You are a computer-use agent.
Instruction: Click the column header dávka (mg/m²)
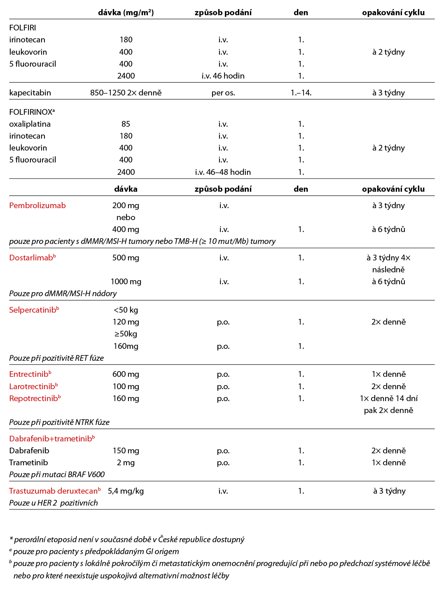(126, 12)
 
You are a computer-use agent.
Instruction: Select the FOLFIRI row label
(23, 28)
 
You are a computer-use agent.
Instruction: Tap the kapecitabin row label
(30, 93)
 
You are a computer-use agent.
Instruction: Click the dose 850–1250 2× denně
(126, 93)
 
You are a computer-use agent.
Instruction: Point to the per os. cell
(223, 93)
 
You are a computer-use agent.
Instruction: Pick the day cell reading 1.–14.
(301, 93)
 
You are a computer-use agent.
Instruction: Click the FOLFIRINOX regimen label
(31, 112)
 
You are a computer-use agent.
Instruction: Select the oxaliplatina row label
(30, 124)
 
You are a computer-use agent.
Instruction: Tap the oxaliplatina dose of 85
(126, 124)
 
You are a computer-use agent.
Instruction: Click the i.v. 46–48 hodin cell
(223, 172)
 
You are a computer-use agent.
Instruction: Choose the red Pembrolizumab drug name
(37, 205)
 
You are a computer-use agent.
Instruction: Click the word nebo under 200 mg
(126, 217)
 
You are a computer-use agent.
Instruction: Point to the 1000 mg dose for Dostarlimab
(126, 281)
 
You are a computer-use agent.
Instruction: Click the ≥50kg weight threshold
(126, 334)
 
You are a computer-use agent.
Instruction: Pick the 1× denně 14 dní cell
(388, 398)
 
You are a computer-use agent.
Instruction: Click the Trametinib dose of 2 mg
(126, 462)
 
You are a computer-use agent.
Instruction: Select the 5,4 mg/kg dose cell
(126, 491)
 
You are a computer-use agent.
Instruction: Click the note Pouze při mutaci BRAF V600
(57, 474)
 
